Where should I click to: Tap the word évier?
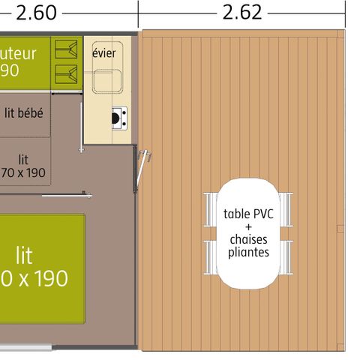(103, 53)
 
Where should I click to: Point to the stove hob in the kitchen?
(118, 116)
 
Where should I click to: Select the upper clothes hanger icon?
(68, 51)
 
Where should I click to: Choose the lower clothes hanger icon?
(68, 73)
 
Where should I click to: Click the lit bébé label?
(23, 113)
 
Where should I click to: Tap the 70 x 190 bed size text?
(24, 172)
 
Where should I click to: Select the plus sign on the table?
(247, 226)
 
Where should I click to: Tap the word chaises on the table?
(247, 239)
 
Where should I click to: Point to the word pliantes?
(247, 252)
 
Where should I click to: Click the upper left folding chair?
(209, 207)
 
